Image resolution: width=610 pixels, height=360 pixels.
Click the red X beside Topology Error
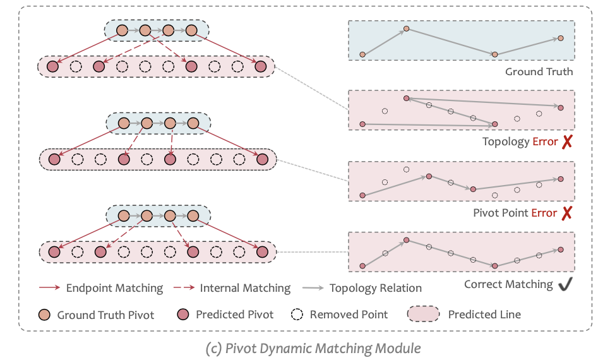[x=566, y=142]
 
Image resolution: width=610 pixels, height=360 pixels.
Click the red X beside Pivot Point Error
[x=566, y=213]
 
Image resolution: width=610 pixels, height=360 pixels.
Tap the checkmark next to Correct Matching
[x=565, y=285]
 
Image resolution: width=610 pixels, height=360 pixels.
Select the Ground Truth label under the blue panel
[x=539, y=71]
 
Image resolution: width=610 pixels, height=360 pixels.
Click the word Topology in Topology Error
[x=505, y=142]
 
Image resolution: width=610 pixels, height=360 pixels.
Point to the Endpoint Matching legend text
[x=114, y=288]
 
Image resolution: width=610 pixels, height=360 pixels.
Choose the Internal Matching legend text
[x=245, y=288]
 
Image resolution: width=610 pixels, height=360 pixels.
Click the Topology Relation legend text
[x=375, y=288]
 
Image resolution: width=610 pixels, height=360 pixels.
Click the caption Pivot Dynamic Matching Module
[x=313, y=347]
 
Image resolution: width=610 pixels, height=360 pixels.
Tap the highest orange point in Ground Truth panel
[x=407, y=28]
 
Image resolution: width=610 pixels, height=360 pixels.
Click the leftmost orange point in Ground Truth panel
[x=362, y=54]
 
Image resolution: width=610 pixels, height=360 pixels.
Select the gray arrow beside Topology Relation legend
[x=312, y=288]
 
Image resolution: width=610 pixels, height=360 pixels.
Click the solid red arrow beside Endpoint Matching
[x=48, y=288]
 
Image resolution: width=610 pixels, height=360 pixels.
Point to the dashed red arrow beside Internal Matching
[x=181, y=288]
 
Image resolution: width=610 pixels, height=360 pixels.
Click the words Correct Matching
[x=508, y=285]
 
